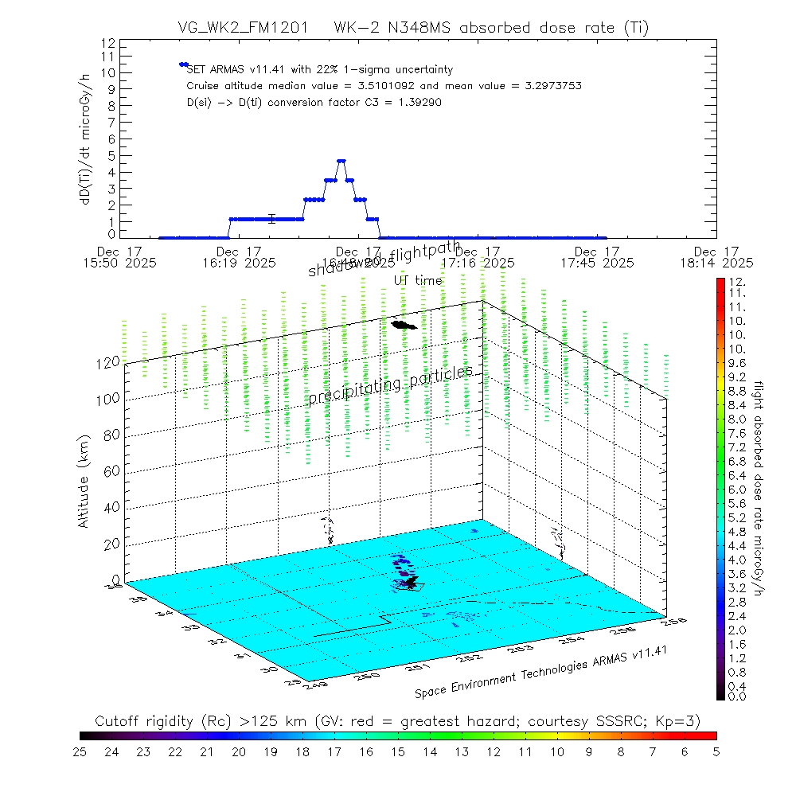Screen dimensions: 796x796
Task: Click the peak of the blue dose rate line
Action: click(x=341, y=161)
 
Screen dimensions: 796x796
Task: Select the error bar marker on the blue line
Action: click(x=272, y=219)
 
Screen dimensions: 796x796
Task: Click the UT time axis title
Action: click(x=417, y=280)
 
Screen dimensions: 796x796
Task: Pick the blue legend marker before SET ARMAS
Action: click(x=183, y=64)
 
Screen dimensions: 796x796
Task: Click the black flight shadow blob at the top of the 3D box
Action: click(x=404, y=324)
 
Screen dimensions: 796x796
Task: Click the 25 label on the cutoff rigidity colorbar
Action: click(x=80, y=751)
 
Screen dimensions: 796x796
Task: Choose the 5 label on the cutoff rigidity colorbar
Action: click(x=716, y=751)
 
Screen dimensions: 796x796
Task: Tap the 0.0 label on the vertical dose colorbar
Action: click(x=737, y=696)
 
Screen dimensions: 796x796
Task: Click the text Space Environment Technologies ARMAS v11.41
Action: click(x=541, y=672)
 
